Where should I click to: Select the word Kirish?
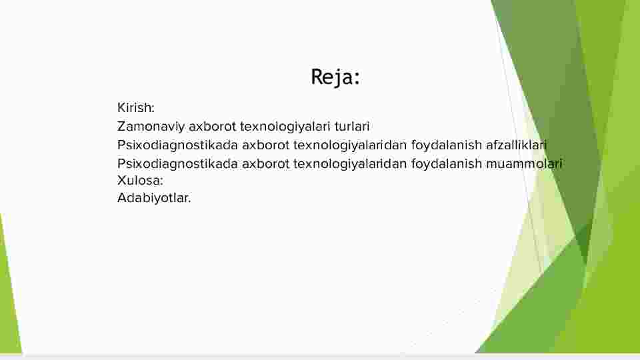click(x=134, y=108)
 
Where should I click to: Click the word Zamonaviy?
click(x=151, y=127)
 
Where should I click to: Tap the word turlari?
click(x=352, y=127)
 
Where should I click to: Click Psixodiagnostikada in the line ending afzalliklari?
click(x=177, y=145)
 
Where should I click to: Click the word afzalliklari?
click(x=516, y=145)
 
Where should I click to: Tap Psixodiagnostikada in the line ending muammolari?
click(x=177, y=164)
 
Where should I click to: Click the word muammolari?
click(x=525, y=164)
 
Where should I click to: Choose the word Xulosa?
click(x=139, y=181)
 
